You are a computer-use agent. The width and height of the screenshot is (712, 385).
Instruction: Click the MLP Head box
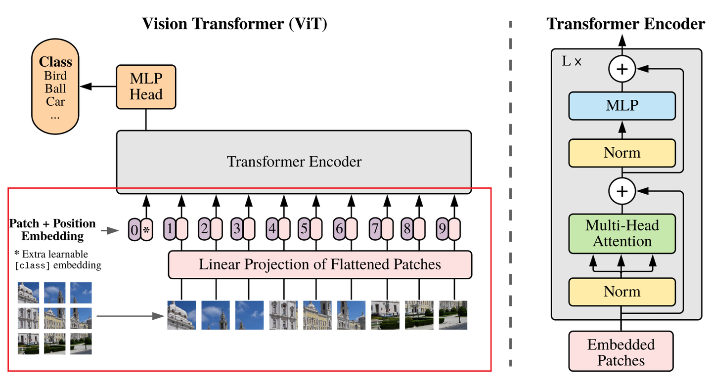[146, 86]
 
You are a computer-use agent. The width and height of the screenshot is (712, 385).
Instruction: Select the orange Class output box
[55, 88]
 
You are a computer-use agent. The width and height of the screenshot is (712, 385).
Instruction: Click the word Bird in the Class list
[55, 76]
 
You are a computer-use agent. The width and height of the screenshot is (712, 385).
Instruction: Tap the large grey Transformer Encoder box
[294, 162]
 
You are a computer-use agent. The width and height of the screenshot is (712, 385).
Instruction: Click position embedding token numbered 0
[134, 230]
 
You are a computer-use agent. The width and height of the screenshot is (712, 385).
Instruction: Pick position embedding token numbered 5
[304, 229]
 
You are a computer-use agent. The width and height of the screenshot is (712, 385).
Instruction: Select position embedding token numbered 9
[442, 229]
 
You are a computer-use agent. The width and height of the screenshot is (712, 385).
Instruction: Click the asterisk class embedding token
[146, 230]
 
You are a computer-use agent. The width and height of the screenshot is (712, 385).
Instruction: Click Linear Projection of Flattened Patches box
[320, 264]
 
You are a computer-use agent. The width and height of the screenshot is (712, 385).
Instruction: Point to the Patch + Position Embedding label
[52, 229]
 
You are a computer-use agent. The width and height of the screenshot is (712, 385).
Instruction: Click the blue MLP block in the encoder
[622, 105]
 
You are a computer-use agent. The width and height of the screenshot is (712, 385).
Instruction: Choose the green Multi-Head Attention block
[622, 233]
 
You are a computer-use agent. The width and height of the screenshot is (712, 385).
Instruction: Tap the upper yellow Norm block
[622, 152]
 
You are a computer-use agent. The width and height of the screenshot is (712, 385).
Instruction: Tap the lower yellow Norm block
[622, 291]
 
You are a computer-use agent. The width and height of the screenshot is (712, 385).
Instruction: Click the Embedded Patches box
[621, 351]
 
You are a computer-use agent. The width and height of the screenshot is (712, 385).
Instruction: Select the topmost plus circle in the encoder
[622, 70]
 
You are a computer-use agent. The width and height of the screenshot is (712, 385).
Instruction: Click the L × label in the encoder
[572, 62]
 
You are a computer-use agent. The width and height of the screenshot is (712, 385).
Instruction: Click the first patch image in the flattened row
[181, 315]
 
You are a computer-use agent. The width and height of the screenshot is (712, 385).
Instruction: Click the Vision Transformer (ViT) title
[234, 24]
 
